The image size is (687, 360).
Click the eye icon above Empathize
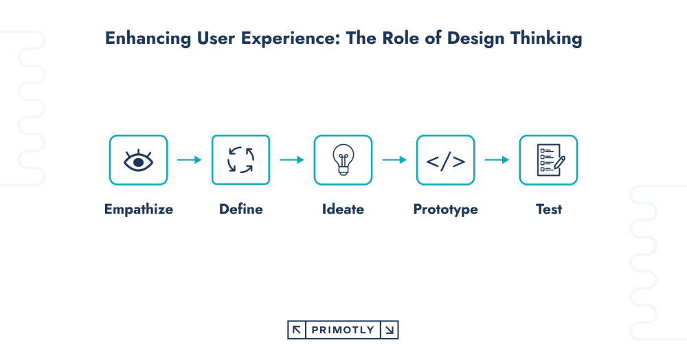point(138,160)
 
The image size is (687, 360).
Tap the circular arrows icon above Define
point(240,160)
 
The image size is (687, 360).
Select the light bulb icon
point(343,161)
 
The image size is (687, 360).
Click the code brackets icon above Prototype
point(445,161)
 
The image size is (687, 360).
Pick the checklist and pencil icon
point(548,161)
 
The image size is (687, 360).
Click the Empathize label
point(138,210)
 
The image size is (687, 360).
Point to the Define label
point(240,210)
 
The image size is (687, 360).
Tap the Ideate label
point(343,210)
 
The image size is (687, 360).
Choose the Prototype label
point(445,210)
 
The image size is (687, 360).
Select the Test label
point(548,210)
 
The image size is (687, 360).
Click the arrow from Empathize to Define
point(189,160)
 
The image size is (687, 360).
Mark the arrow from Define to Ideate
point(291,160)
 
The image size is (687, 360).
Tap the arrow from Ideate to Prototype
point(394,160)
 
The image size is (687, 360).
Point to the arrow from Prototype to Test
point(497,160)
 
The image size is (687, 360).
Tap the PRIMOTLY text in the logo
point(343,330)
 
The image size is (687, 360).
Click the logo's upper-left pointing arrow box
point(296,330)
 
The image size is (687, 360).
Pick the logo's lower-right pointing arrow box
point(390,330)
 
